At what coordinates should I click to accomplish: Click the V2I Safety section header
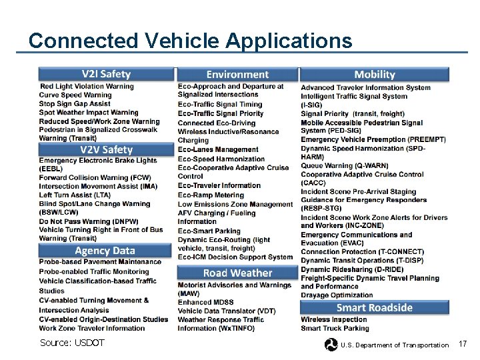click(106, 74)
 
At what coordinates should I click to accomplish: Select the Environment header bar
click(237, 75)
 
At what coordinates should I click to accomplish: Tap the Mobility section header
click(374, 75)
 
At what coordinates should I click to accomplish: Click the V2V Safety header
click(106, 150)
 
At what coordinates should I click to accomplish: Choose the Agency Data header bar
click(105, 251)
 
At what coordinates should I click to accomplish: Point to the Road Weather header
click(237, 273)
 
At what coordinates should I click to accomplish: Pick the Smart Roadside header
click(374, 307)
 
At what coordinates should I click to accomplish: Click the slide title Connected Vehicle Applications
click(190, 41)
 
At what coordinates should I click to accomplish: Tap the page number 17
click(464, 343)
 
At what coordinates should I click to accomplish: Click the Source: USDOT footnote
click(72, 343)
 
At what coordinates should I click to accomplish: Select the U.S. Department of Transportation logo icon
click(331, 345)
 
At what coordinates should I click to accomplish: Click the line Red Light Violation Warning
click(87, 87)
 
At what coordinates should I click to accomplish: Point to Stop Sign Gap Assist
click(75, 104)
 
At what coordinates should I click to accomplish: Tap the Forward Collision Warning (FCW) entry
click(95, 178)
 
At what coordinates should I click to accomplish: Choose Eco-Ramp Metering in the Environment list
click(211, 195)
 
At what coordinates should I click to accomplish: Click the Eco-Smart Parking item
click(209, 231)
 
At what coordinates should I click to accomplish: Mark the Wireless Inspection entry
click(334, 319)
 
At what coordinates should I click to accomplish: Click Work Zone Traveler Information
click(92, 328)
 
